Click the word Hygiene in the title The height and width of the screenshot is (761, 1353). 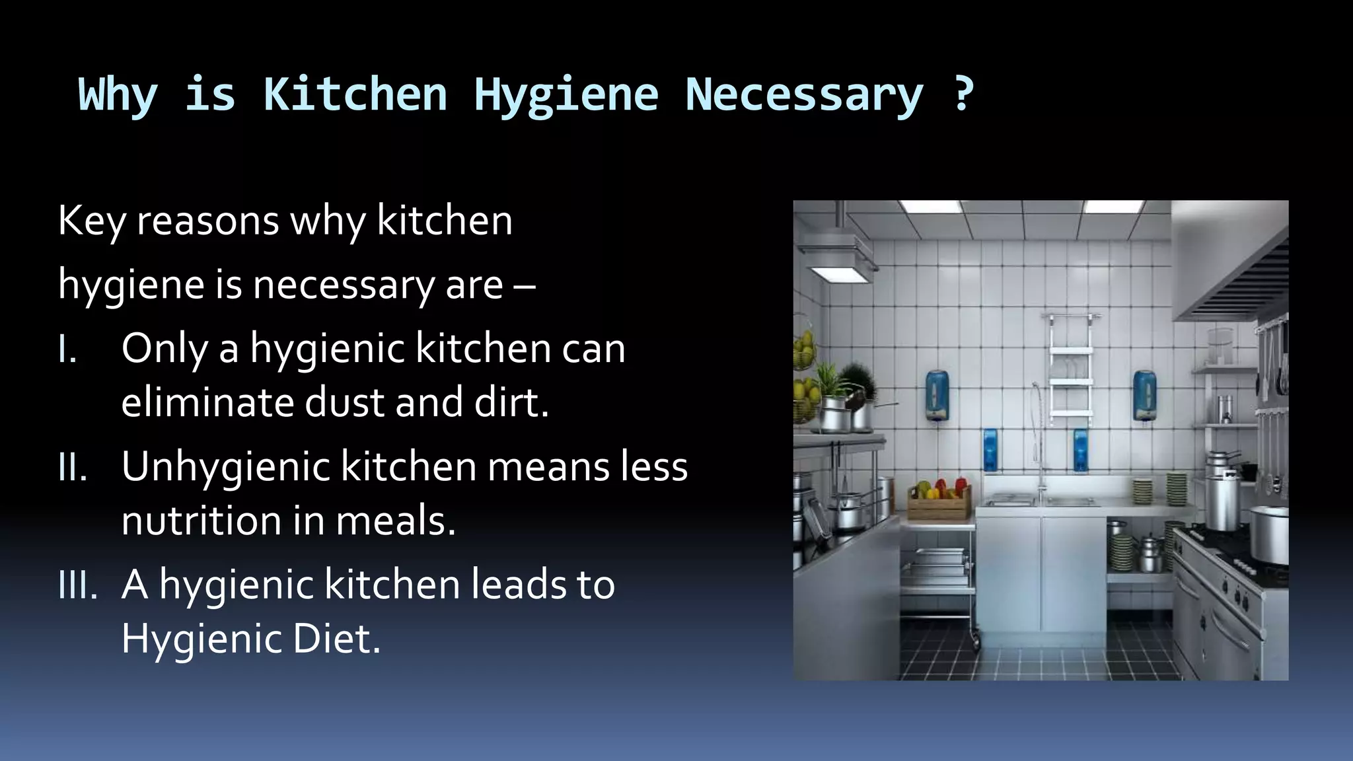click(x=566, y=94)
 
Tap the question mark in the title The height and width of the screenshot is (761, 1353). click(x=963, y=93)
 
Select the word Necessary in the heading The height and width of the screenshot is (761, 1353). click(x=803, y=94)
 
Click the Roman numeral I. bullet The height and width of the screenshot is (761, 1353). click(x=67, y=349)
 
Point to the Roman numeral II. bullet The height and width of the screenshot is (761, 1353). click(x=72, y=468)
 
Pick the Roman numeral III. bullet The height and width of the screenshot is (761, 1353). click(x=77, y=585)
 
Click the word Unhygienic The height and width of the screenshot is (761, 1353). click(x=225, y=468)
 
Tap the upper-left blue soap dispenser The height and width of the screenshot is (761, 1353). click(x=936, y=395)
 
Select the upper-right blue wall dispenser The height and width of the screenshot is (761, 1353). click(x=1144, y=395)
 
